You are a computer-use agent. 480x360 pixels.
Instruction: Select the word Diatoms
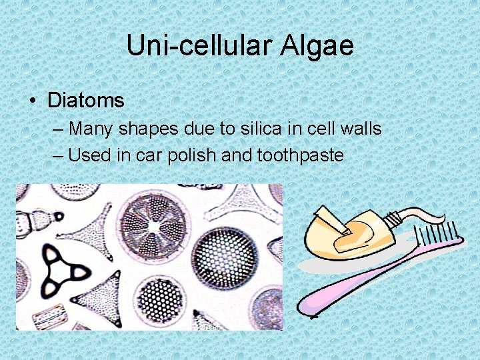click(86, 101)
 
